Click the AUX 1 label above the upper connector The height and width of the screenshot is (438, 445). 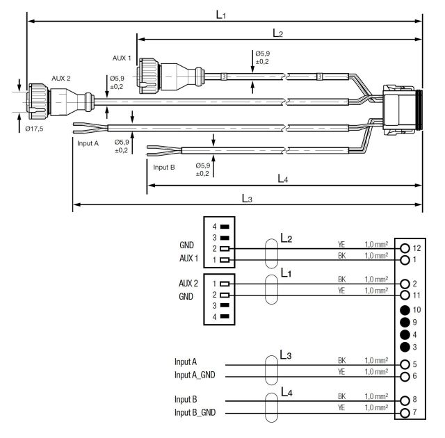[122, 58]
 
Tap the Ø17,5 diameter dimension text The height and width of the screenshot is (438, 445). [34, 129]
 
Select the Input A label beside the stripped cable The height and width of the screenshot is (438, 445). [88, 143]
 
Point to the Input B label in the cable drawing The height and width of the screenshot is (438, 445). [164, 168]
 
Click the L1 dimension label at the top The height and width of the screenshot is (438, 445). [221, 15]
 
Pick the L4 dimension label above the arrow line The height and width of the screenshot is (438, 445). [283, 179]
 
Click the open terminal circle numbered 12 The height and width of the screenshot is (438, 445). [405, 248]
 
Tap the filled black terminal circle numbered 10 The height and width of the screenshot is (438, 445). [405, 310]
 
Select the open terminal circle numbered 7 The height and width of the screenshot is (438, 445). [405, 413]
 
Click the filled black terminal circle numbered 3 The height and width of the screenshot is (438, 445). [405, 347]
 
